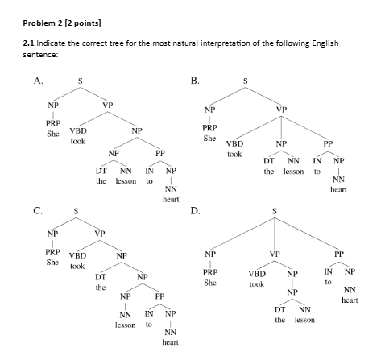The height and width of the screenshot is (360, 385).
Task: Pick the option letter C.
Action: (38, 212)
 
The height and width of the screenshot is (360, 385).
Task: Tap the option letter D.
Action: (194, 212)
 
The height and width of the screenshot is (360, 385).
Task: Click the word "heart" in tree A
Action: (170, 198)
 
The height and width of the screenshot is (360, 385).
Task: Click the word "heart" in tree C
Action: (170, 342)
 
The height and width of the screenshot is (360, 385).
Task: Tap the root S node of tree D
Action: (274, 213)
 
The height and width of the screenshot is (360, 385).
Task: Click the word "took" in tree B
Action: (234, 153)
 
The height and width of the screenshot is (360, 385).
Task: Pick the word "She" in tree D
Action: (210, 283)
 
